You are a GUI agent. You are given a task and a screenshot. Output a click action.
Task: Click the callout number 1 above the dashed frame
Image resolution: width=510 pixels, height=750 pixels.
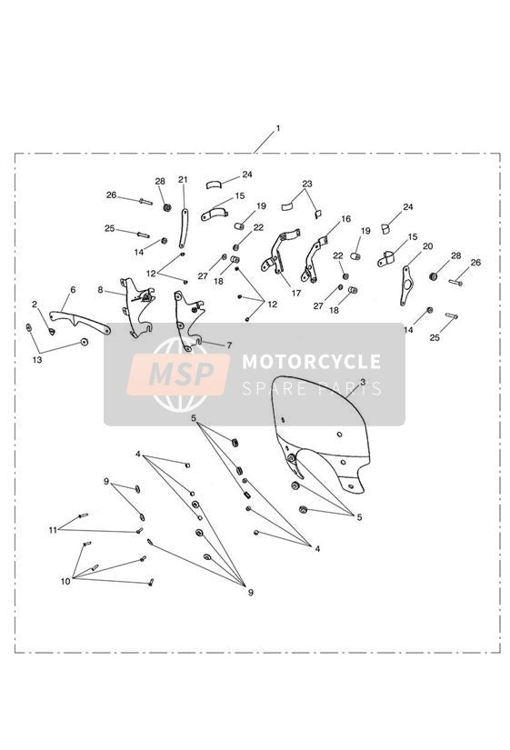click(278, 129)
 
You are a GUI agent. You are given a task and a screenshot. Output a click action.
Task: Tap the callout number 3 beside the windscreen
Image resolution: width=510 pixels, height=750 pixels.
click(363, 382)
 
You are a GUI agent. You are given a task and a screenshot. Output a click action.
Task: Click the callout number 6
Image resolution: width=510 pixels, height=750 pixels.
click(73, 290)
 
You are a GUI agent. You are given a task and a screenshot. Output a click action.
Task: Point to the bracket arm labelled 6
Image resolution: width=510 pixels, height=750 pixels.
click(79, 322)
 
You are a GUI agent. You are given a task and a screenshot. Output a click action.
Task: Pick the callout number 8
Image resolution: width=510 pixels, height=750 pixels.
click(100, 290)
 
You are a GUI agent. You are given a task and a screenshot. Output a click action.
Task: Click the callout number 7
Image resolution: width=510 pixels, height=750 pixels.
click(229, 345)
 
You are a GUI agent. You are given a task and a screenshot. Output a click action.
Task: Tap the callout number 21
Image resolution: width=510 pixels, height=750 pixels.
click(183, 180)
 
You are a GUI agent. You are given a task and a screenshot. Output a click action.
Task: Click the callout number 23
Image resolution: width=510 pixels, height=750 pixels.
click(307, 184)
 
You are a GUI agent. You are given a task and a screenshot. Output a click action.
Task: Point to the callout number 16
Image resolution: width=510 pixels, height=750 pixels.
click(345, 218)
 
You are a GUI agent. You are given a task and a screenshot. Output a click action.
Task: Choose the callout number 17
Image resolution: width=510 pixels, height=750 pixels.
click(296, 293)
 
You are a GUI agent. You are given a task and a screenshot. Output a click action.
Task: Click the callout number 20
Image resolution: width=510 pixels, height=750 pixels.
click(427, 245)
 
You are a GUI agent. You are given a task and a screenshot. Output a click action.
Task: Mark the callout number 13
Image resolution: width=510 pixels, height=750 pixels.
click(37, 360)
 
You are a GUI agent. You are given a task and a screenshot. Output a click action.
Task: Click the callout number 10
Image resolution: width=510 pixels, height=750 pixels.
click(65, 581)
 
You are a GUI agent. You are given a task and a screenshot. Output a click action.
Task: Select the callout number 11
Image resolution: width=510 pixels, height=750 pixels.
click(53, 530)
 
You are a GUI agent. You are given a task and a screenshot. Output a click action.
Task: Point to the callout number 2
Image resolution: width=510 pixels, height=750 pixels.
click(35, 305)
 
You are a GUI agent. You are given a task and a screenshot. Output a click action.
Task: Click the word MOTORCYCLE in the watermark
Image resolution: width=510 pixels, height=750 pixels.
click(312, 361)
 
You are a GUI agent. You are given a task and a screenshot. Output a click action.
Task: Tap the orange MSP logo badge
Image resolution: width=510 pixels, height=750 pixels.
click(178, 375)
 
